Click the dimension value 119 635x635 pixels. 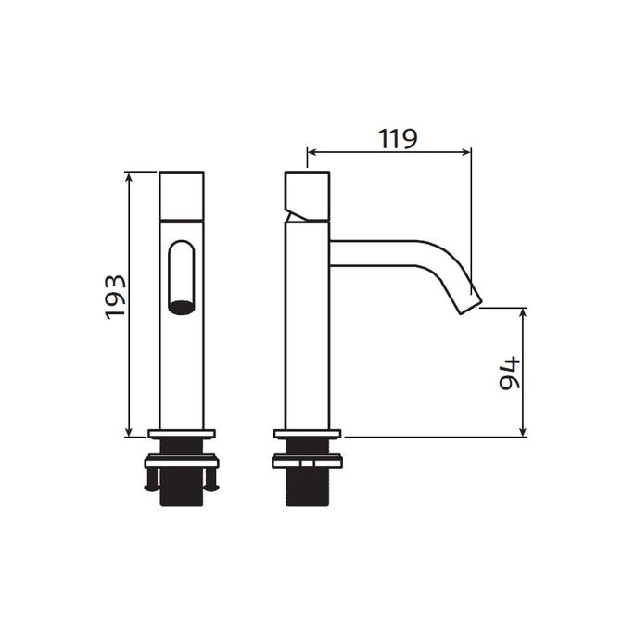[x=398, y=138]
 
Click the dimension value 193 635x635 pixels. [x=116, y=297]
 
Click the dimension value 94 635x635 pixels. [x=509, y=373]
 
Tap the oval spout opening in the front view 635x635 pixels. [x=181, y=308]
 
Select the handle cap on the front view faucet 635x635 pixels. [x=182, y=197]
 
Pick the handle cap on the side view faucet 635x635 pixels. [x=308, y=197]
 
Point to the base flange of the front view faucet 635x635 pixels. [x=182, y=434]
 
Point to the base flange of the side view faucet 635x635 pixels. [x=308, y=434]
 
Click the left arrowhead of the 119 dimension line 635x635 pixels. [x=311, y=152]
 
